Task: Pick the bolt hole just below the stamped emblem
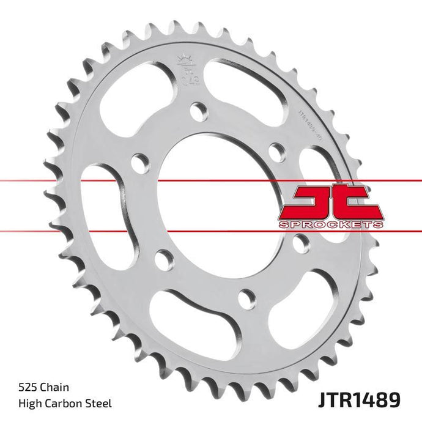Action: (x=198, y=111)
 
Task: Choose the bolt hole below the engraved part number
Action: (x=277, y=151)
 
